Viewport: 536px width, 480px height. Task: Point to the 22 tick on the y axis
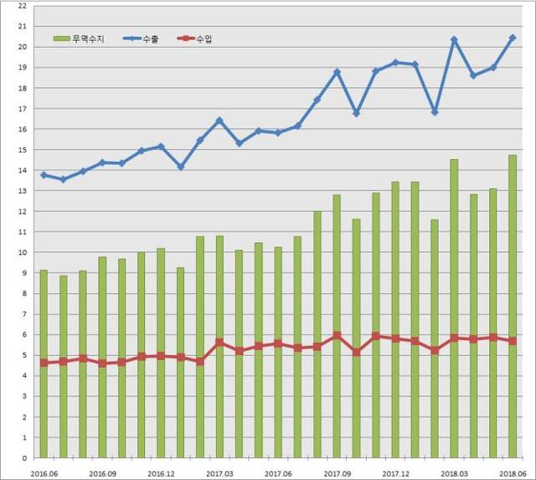pyautogui.click(x=23, y=6)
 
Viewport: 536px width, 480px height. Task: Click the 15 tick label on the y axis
pyautogui.click(x=23, y=150)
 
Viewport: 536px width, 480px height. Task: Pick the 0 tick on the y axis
pyautogui.click(x=25, y=459)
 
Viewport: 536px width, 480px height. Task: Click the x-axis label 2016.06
pyautogui.click(x=44, y=472)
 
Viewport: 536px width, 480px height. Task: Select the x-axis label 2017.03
pyautogui.click(x=219, y=472)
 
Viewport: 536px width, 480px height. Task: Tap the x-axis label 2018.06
pyautogui.click(x=512, y=472)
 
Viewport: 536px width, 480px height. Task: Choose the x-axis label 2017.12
pyautogui.click(x=395, y=472)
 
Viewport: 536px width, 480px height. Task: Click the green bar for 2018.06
pyautogui.click(x=513, y=307)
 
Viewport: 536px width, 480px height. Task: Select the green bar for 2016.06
pyautogui.click(x=44, y=364)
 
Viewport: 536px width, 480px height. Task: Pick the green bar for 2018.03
pyautogui.click(x=454, y=309)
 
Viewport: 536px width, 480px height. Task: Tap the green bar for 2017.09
pyautogui.click(x=337, y=327)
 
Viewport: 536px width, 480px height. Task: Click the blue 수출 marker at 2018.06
pyautogui.click(x=513, y=38)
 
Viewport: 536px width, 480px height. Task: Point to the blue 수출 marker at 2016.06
pyautogui.click(x=44, y=175)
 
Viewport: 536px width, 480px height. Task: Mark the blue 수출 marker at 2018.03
pyautogui.click(x=454, y=39)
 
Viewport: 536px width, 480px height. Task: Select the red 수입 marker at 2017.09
pyautogui.click(x=337, y=336)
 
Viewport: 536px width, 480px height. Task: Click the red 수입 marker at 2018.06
pyautogui.click(x=513, y=341)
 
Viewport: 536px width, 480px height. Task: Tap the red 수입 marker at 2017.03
pyautogui.click(x=219, y=342)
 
